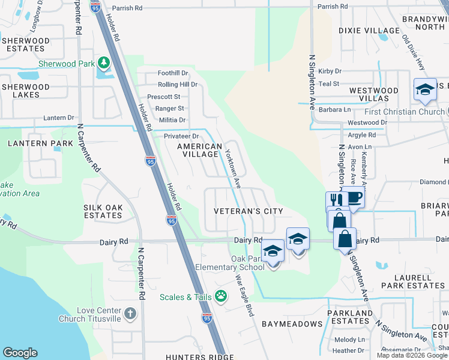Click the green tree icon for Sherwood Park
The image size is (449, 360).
pyautogui.click(x=104, y=62)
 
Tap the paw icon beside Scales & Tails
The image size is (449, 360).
pyautogui.click(x=221, y=295)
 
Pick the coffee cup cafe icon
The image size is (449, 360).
pyautogui.click(x=354, y=197)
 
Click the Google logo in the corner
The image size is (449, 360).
pyautogui.click(x=20, y=353)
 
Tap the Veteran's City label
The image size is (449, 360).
pyautogui.click(x=249, y=211)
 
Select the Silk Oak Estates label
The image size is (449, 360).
pyautogui.click(x=103, y=211)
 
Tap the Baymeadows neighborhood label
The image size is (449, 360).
pyautogui.click(x=292, y=324)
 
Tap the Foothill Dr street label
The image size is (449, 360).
pyautogui.click(x=173, y=73)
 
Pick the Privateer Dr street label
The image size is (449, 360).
pyautogui.click(x=181, y=136)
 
